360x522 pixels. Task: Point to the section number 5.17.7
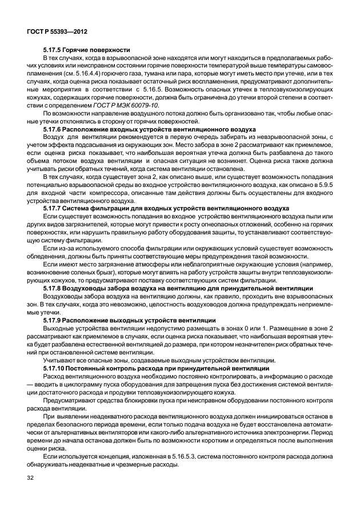pyautogui.click(x=54, y=210)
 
